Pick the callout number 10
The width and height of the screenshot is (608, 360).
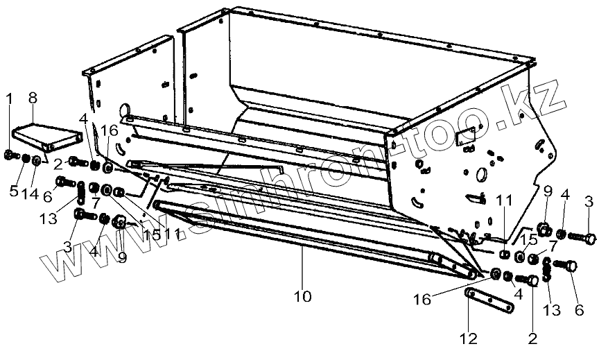click(x=302, y=296)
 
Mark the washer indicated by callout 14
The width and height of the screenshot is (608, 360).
click(x=35, y=162)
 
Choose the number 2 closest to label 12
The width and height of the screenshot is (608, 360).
click(x=532, y=338)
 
